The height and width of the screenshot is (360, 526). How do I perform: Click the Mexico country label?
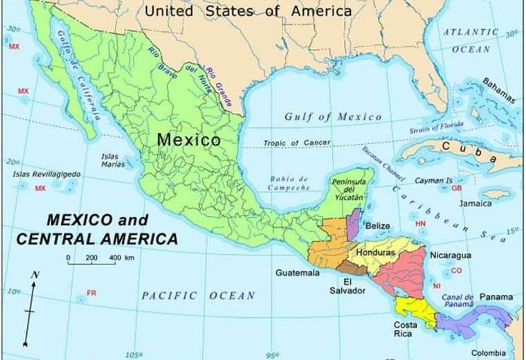pyautogui.click(x=188, y=139)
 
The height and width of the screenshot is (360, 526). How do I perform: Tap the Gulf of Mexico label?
pyautogui.click(x=333, y=117)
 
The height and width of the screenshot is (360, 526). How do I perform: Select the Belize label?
pyautogui.click(x=377, y=226)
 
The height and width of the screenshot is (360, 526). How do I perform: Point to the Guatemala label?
pyautogui.click(x=298, y=273)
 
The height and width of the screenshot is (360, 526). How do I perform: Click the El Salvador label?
pyautogui.click(x=347, y=286)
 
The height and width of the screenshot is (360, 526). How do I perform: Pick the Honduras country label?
pyautogui.click(x=375, y=253)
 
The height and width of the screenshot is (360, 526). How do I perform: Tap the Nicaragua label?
pyautogui.click(x=450, y=255)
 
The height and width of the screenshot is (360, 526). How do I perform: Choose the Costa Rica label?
pyautogui.click(x=406, y=329)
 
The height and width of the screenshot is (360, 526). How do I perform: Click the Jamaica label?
pyautogui.click(x=475, y=204)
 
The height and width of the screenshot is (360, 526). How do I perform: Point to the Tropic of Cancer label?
pyautogui.click(x=296, y=143)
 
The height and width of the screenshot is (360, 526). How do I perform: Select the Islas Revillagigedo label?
pyautogui.click(x=46, y=174)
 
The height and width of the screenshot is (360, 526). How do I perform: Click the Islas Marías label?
pyautogui.click(x=114, y=161)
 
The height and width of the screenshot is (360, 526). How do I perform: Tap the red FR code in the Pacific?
pyautogui.click(x=91, y=294)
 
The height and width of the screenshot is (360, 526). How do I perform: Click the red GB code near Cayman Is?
pyautogui.click(x=457, y=188)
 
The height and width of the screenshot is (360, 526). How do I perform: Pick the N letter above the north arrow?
pyautogui.click(x=35, y=275)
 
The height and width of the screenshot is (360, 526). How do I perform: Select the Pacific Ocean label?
pyautogui.click(x=199, y=296)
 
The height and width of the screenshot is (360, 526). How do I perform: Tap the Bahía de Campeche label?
pyautogui.click(x=289, y=183)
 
